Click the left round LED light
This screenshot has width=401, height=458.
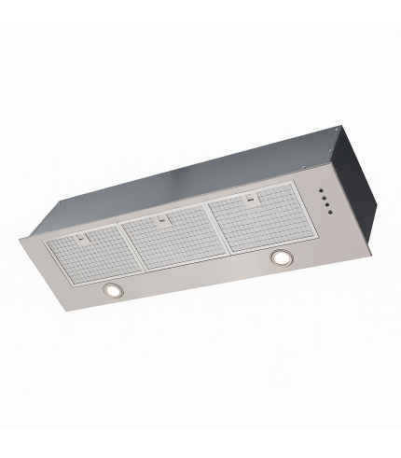click(x=113, y=291)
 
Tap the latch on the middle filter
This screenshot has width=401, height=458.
click(x=162, y=221)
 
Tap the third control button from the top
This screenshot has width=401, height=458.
click(x=325, y=205)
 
